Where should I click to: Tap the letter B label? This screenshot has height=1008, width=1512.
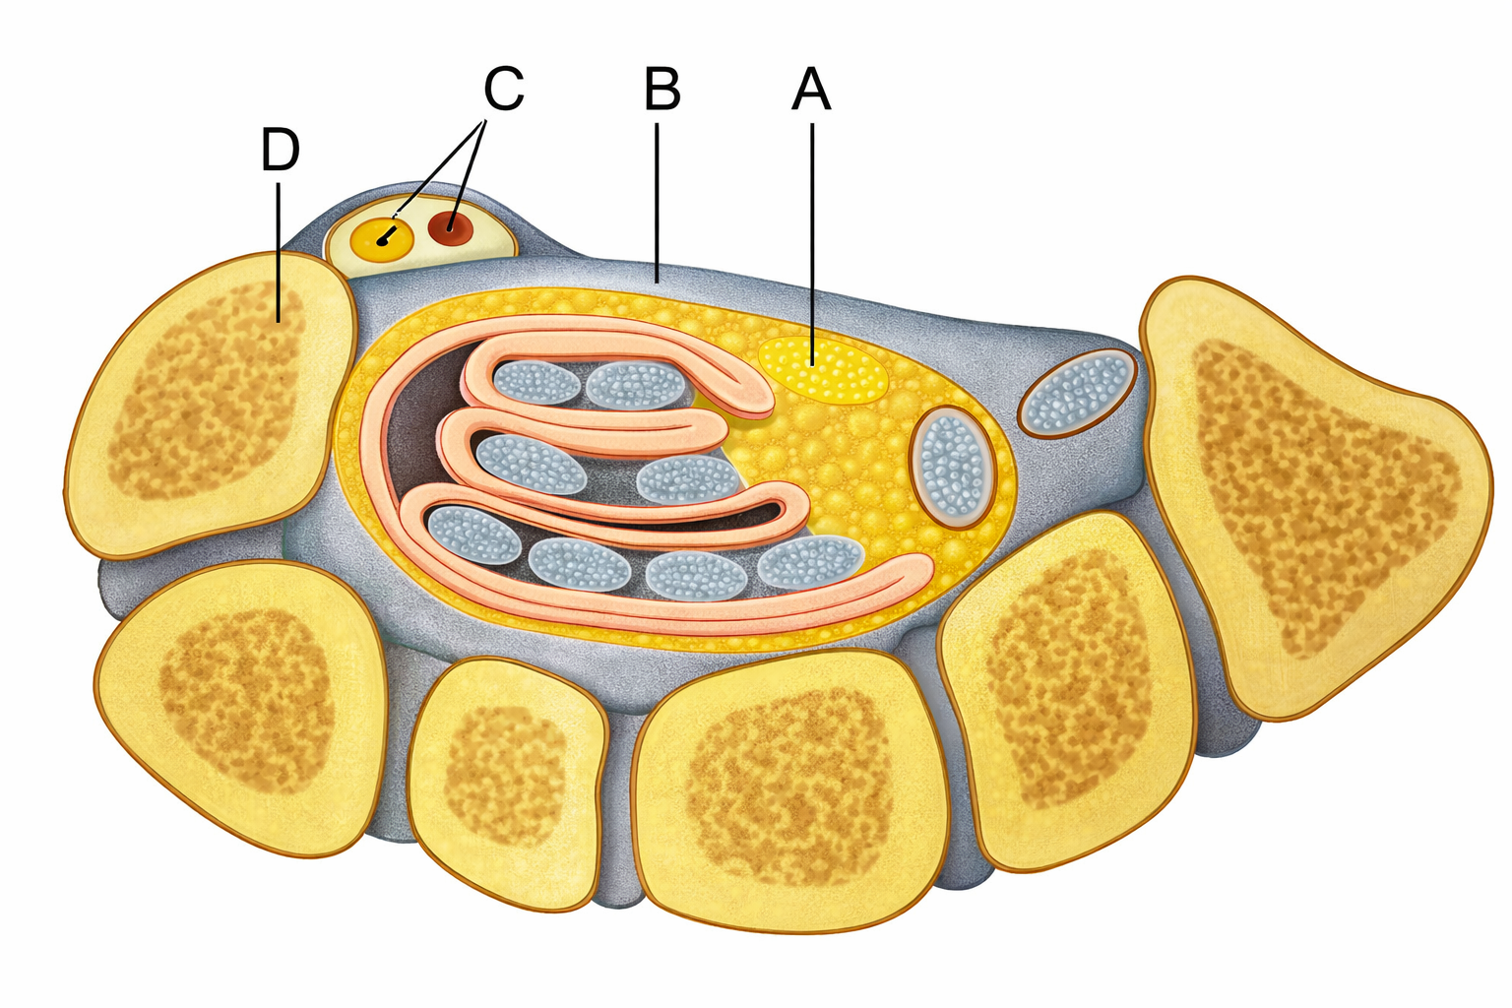click(662, 89)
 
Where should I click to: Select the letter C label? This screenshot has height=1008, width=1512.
click(504, 89)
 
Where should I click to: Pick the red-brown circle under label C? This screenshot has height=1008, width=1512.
click(450, 229)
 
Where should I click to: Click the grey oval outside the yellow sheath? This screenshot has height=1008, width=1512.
click(1077, 392)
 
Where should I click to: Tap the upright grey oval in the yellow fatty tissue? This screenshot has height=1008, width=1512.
click(953, 468)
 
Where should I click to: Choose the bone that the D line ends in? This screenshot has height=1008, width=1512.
click(211, 404)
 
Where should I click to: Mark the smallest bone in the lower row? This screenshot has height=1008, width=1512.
click(508, 784)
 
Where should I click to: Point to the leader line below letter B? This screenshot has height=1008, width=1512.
click(657, 202)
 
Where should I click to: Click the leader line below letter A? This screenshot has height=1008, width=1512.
click(812, 244)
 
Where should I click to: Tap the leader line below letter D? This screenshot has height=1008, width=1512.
click(279, 251)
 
